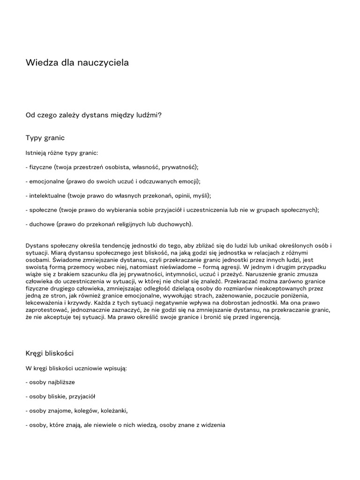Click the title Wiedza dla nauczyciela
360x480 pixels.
[x=77, y=62]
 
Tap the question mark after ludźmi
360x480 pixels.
[x=160, y=114]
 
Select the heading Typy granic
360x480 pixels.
[x=45, y=138]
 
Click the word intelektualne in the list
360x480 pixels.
[x=48, y=195]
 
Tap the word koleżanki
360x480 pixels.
[x=112, y=411]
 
